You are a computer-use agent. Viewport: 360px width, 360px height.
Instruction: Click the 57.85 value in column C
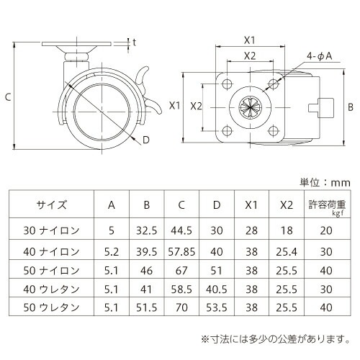pyautogui.click(x=181, y=252)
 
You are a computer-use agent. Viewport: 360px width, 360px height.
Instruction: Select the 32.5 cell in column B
pyautogui.click(x=146, y=230)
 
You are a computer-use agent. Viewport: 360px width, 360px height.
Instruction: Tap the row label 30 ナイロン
pyautogui.click(x=51, y=230)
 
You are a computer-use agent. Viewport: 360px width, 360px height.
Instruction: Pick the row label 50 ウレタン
pyautogui.click(x=51, y=307)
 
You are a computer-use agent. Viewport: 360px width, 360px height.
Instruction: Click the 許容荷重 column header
pyautogui.click(x=327, y=204)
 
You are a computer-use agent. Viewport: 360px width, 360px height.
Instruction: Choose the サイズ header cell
pyautogui.click(x=51, y=204)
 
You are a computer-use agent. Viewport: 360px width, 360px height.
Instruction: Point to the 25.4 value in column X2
pyautogui.click(x=287, y=252)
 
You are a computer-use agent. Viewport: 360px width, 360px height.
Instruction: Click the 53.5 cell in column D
pyautogui.click(x=217, y=307)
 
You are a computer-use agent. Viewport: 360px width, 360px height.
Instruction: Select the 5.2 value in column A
pyautogui.click(x=112, y=252)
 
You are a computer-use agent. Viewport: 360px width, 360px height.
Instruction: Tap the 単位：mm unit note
pyautogui.click(x=325, y=183)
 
